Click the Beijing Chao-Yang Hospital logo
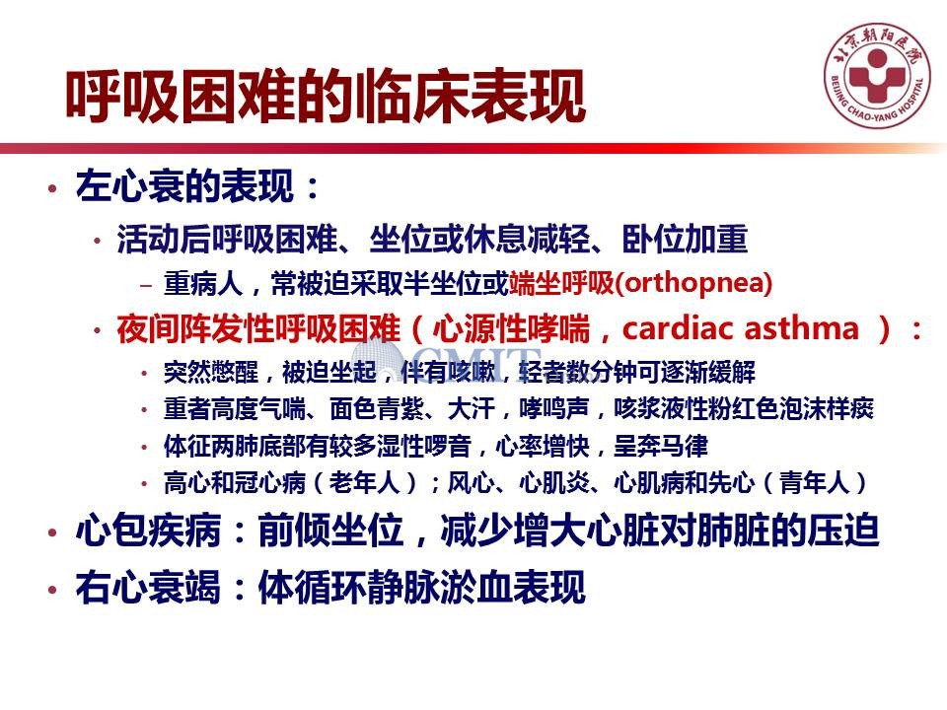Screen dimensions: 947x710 [x=878, y=76]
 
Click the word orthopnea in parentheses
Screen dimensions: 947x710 [x=694, y=283]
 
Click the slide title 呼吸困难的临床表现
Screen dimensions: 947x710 [x=326, y=97]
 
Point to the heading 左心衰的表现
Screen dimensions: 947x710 [x=184, y=186]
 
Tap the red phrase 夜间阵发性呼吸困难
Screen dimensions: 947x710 [x=258, y=329]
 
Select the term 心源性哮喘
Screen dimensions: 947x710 [x=511, y=329]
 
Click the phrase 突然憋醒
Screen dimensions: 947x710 [x=211, y=373]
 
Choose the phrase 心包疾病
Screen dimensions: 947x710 [x=149, y=532]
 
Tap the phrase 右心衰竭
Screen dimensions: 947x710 [x=149, y=587]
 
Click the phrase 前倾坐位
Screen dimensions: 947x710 [x=331, y=532]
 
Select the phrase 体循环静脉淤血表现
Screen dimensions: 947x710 [x=422, y=587]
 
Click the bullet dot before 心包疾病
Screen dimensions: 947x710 [x=53, y=532]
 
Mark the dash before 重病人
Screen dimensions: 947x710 [x=146, y=284]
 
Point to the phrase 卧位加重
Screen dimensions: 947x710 [x=685, y=239]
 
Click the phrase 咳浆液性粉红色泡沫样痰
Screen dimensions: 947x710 [x=744, y=409]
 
